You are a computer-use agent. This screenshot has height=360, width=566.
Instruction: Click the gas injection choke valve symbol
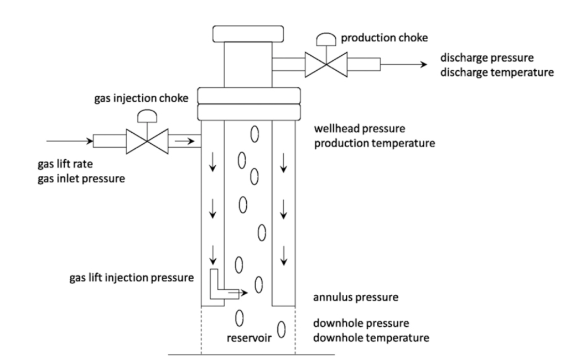pyautogui.click(x=147, y=142)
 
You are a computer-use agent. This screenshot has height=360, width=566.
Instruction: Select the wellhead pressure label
pyautogui.click(x=360, y=129)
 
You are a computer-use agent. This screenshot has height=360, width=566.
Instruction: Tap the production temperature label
pyautogui.click(x=373, y=144)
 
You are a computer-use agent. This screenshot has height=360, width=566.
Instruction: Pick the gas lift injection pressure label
pyautogui.click(x=131, y=278)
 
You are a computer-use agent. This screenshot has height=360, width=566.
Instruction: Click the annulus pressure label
pyautogui.click(x=356, y=298)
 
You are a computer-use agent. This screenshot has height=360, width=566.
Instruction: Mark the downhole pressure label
pyautogui.click(x=361, y=323)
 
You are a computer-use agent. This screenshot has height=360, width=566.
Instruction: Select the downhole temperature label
pyautogui.click(x=371, y=337)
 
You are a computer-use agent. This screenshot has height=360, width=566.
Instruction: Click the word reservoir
pyautogui.click(x=248, y=337)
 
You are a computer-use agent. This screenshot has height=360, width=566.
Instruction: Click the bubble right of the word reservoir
pyautogui.click(x=281, y=330)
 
